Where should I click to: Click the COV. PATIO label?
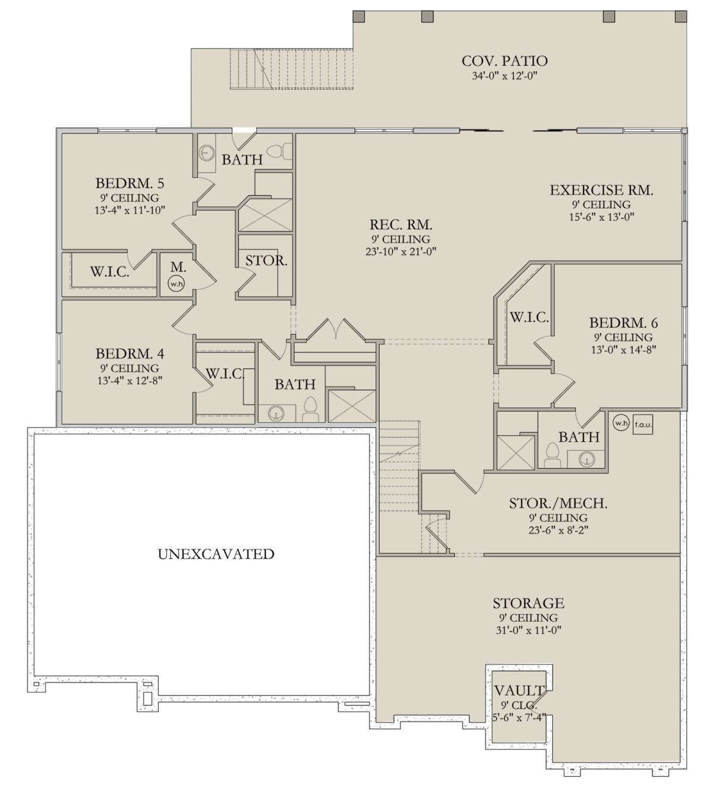click(504, 61)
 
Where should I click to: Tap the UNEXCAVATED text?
click(216, 554)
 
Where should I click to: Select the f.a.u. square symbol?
click(643, 425)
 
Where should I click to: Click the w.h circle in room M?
click(176, 284)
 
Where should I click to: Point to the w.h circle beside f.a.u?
click(620, 423)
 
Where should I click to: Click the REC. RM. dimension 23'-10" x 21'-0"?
click(401, 252)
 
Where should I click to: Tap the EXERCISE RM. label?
click(602, 190)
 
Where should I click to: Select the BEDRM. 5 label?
click(130, 183)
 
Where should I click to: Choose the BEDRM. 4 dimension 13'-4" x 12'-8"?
click(130, 381)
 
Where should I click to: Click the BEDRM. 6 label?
click(624, 323)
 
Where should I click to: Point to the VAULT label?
click(519, 691)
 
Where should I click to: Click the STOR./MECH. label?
click(559, 504)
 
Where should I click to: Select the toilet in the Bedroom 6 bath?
click(553, 455)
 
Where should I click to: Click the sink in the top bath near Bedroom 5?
click(206, 152)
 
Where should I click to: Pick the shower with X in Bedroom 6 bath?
click(515, 453)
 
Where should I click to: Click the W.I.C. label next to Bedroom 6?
click(529, 317)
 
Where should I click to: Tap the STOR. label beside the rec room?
click(266, 261)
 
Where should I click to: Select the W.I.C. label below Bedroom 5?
click(110, 271)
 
